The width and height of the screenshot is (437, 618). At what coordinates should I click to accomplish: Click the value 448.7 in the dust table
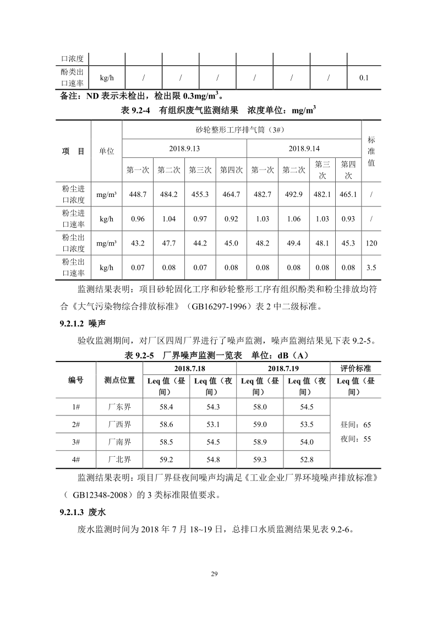pos(138,194)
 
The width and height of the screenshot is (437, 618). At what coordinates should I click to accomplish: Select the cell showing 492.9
pos(294,194)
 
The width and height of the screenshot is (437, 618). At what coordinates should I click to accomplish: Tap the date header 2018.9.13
pos(184,149)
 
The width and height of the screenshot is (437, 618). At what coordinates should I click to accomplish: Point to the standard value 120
pos(372,243)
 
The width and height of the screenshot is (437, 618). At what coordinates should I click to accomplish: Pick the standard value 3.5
pos(372,267)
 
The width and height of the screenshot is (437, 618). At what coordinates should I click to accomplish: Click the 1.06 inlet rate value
pos(294,219)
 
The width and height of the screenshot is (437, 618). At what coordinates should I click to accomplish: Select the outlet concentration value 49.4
pos(294,243)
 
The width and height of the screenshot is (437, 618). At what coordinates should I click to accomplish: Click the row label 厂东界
pos(120,407)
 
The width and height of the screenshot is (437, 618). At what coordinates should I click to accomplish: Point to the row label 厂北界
pos(120,460)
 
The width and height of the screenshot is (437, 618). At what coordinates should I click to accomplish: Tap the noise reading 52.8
pos(307,460)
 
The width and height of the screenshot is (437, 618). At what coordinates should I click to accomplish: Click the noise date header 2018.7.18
pos(189,368)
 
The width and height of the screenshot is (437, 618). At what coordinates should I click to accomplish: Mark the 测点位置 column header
pos(120,380)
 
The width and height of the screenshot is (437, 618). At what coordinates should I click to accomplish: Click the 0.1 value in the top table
pos(364,78)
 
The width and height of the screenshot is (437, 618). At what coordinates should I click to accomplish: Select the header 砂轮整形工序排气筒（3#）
pos(240,130)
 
